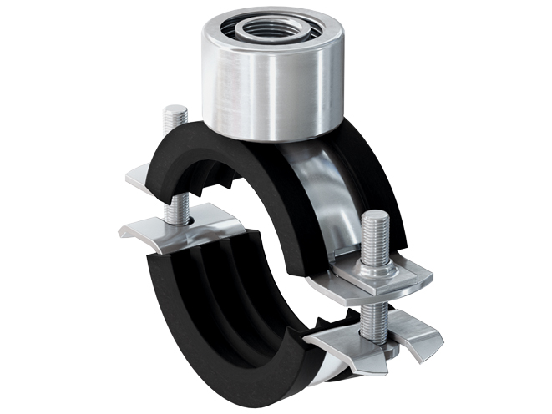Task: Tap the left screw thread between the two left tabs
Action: tap(172, 209)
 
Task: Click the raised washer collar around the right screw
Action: tap(372, 270)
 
